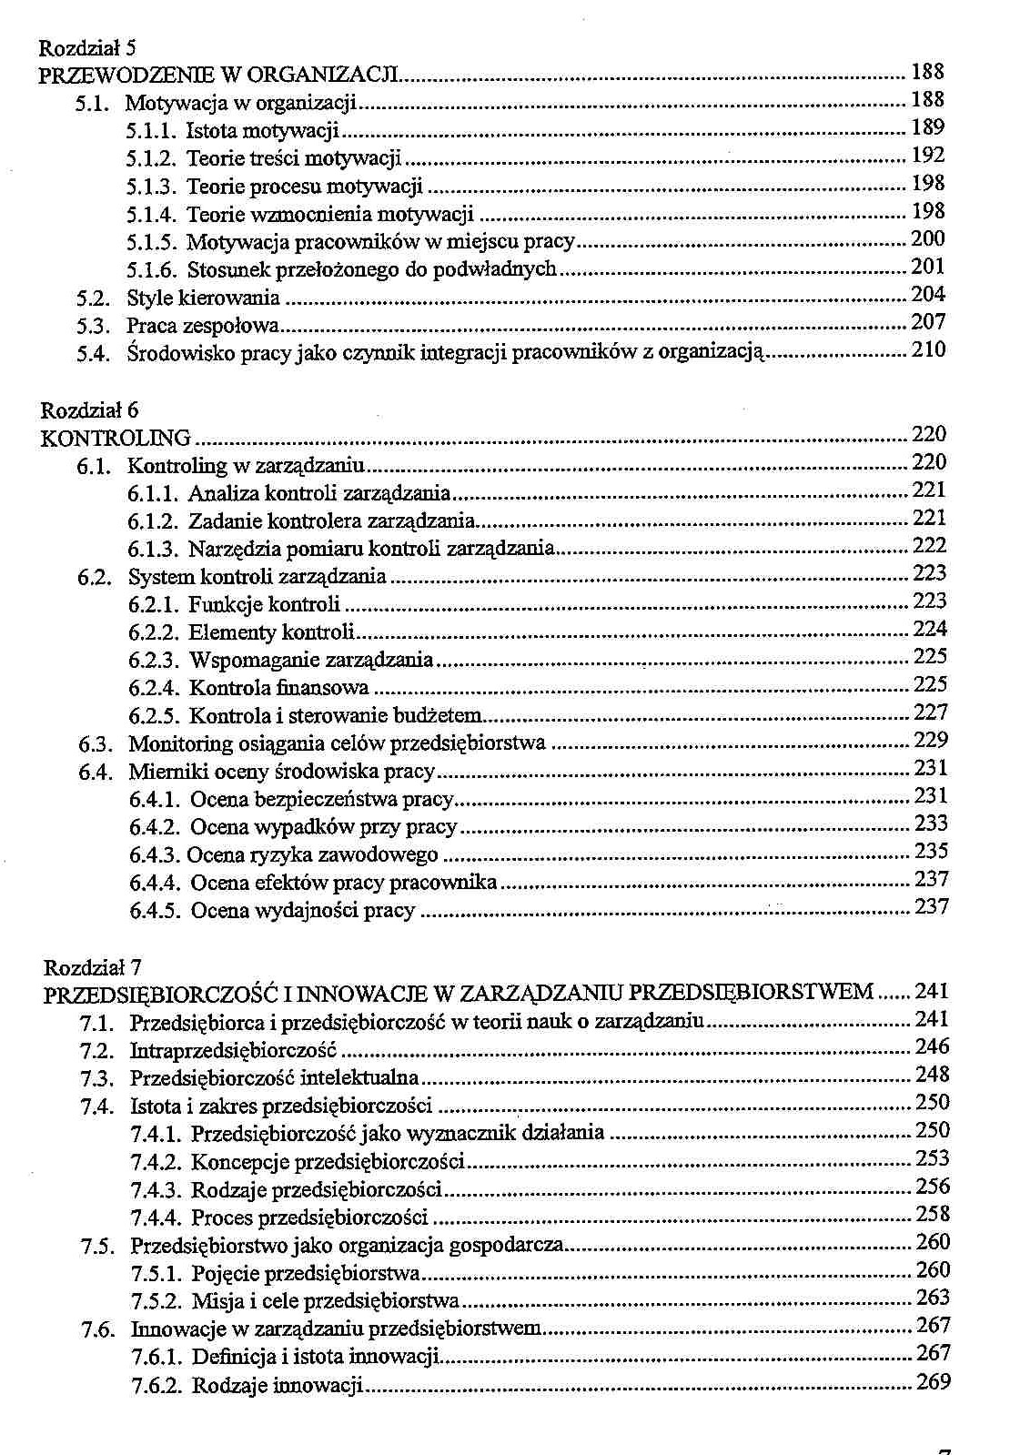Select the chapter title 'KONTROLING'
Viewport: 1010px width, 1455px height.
click(x=116, y=438)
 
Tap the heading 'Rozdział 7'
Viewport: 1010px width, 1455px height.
click(x=93, y=966)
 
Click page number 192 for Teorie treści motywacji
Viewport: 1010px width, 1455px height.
click(x=927, y=156)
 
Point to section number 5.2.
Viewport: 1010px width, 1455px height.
click(x=94, y=298)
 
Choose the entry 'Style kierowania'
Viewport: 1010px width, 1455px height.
click(x=203, y=298)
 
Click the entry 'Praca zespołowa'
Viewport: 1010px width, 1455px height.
click(x=203, y=326)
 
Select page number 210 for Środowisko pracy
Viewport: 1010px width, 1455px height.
click(x=928, y=349)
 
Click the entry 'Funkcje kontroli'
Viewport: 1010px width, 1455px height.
click(x=264, y=605)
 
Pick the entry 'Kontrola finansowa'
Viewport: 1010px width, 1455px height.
click(x=278, y=688)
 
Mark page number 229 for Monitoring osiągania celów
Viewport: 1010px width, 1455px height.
click(x=930, y=740)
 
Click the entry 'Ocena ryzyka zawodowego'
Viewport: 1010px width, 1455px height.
click(x=313, y=855)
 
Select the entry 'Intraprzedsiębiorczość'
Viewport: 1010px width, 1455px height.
click(x=234, y=1051)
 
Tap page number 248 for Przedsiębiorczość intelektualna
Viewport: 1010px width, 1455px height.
click(x=932, y=1075)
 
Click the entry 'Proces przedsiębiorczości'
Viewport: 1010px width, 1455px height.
click(x=309, y=1218)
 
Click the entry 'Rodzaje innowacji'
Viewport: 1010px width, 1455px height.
click(x=278, y=1386)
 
